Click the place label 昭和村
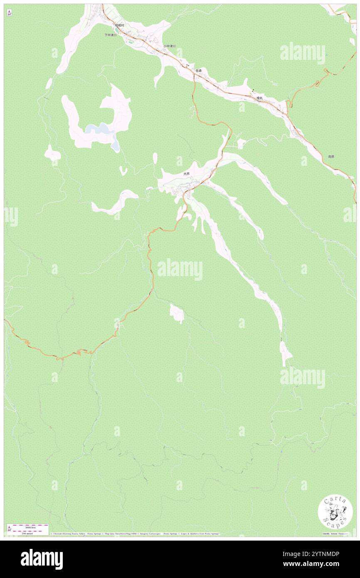click(120, 25)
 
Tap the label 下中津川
click(110, 35)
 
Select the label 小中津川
click(169, 46)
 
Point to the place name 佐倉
click(199, 71)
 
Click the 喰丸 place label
click(259, 98)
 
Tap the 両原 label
click(331, 157)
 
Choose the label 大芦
click(187, 174)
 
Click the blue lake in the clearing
click(100, 129)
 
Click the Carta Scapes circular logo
click(335, 512)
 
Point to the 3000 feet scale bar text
click(28, 527)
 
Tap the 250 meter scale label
click(28, 534)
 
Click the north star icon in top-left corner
click(9, 13)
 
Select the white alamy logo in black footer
click(42, 559)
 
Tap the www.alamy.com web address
click(317, 564)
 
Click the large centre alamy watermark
click(180, 269)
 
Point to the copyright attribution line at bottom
click(135, 534)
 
